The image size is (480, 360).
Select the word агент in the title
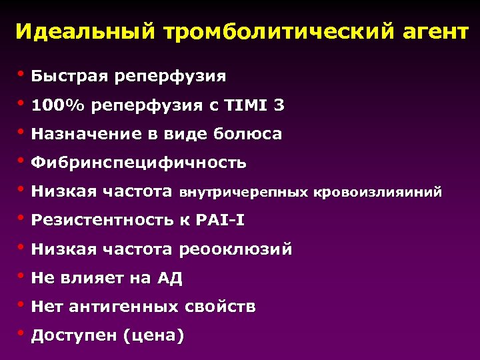pyautogui.click(x=429, y=31)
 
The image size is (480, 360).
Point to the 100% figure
pyautogui.click(x=58, y=105)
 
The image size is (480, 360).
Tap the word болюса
pyautogui.click(x=247, y=134)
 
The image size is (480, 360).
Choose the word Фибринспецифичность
pyautogui.click(x=139, y=163)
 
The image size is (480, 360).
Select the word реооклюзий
pyautogui.click(x=235, y=249)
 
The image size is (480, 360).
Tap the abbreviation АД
pyautogui.click(x=169, y=279)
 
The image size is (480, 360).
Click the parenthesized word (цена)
pyautogui.click(x=153, y=335)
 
